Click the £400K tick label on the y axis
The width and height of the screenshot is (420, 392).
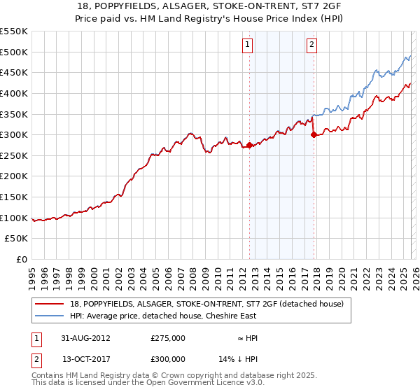(14, 93)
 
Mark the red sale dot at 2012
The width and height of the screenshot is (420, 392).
(249, 146)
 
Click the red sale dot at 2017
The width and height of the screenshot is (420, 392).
(313, 135)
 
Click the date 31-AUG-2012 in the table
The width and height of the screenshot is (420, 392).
(86, 338)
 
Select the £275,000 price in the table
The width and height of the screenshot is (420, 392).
(167, 338)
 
